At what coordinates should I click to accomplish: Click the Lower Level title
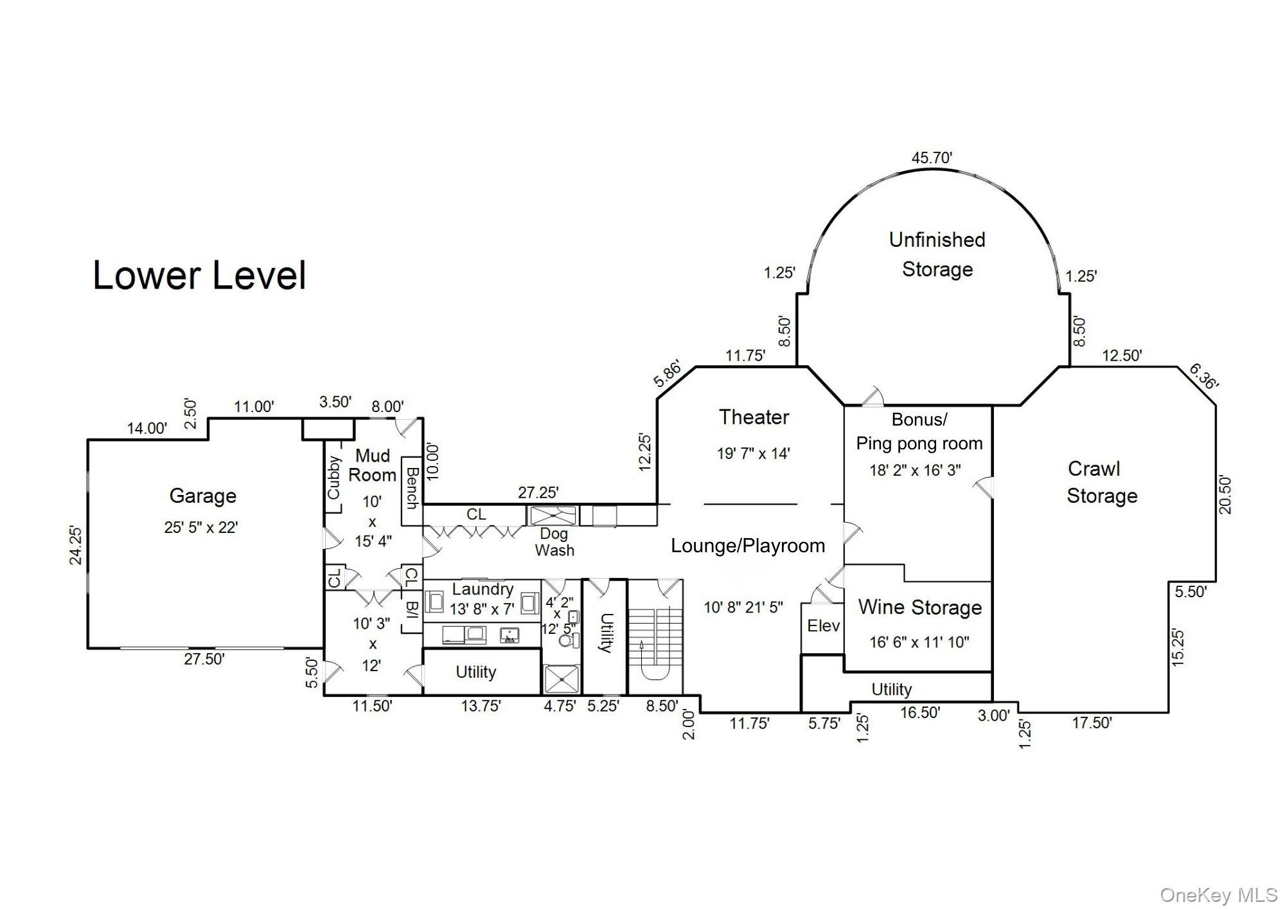click(x=199, y=275)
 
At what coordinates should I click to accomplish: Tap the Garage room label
click(x=203, y=496)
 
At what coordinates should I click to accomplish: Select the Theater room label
click(x=754, y=417)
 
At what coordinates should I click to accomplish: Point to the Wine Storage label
click(x=920, y=607)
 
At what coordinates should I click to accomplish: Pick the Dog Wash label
click(x=554, y=542)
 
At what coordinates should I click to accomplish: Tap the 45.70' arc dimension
click(x=932, y=157)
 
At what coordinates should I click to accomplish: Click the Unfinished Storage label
click(x=937, y=255)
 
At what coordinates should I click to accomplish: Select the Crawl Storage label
click(x=1102, y=482)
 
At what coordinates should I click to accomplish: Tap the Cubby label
click(x=334, y=477)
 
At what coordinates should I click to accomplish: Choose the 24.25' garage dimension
click(x=76, y=545)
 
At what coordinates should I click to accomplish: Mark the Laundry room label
click(x=483, y=589)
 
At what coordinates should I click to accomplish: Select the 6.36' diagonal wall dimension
click(x=1203, y=377)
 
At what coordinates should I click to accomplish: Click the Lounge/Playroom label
click(x=748, y=546)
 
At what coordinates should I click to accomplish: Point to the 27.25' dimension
click(x=538, y=492)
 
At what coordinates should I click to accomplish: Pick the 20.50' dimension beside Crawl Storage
click(x=1225, y=494)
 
